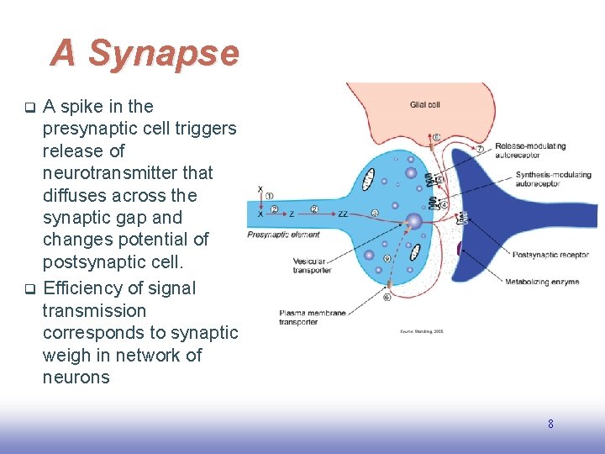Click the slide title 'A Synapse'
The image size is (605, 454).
click(x=145, y=54)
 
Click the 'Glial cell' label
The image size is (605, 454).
click(x=425, y=104)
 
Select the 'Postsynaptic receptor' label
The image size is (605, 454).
click(x=550, y=254)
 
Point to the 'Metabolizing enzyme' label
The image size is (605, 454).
click(x=542, y=282)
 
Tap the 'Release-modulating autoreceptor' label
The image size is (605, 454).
click(x=530, y=150)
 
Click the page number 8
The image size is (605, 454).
click(x=550, y=424)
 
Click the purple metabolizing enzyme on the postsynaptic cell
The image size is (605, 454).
click(x=459, y=249)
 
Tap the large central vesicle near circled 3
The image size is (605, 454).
click(x=413, y=223)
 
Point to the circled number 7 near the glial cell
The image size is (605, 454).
click(x=480, y=149)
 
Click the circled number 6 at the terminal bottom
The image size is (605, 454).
click(x=387, y=297)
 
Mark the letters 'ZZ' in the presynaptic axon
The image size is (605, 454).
click(x=343, y=214)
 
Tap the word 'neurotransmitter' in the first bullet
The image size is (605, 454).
click(x=128, y=173)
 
